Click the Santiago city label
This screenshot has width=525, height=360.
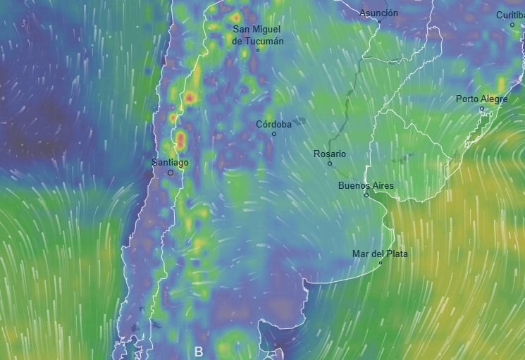170,163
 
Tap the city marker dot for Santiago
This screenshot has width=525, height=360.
170,173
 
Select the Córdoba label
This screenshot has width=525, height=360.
273,124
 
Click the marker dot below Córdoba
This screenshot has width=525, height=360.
274,134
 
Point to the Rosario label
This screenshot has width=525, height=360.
330,154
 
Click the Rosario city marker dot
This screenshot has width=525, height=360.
330,163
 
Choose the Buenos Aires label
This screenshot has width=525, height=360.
366,186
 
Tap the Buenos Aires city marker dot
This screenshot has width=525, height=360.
366,195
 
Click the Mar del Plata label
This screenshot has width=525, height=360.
380,254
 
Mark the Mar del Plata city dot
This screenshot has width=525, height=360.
381,263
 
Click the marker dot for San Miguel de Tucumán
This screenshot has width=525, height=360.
258,50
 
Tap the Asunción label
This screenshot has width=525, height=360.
378,13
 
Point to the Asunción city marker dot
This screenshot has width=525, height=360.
378,22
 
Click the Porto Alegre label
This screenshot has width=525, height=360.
481,99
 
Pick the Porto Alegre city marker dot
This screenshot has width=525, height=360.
482,108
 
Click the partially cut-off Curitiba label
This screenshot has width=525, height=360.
510,15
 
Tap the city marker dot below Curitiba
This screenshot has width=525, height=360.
512,25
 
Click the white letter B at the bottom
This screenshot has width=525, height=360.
198,351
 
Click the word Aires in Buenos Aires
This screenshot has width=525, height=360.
381,186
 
